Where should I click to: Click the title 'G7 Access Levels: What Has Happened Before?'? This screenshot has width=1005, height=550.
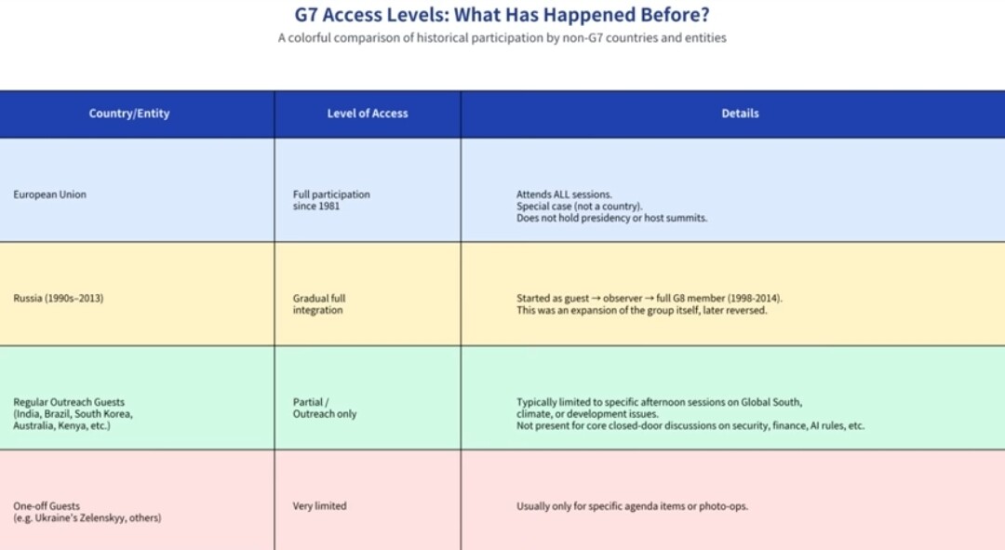502,15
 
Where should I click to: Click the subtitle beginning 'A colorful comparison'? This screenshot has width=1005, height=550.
502,38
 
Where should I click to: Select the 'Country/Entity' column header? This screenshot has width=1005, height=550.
129,114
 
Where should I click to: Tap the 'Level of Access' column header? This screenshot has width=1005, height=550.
368,114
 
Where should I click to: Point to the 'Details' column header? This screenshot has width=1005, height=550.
741,114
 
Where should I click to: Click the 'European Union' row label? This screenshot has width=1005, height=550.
49,195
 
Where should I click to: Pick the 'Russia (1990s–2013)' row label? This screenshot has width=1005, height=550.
59,298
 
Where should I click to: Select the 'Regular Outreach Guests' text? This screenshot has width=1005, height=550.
69,402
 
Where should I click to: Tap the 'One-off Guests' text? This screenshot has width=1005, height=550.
47,505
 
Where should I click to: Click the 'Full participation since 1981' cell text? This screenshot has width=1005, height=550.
331,200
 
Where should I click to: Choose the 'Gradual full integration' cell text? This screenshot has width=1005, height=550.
319,303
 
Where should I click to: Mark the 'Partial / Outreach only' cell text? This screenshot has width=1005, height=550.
325,408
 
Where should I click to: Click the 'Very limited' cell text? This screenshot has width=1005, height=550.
319,505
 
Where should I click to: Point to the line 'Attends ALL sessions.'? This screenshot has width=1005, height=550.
564,195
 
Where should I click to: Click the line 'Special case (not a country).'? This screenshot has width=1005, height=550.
580,206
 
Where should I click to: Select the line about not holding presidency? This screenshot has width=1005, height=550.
612,218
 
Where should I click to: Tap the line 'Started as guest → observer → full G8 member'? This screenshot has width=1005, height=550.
650,298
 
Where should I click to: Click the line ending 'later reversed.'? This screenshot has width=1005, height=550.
641,310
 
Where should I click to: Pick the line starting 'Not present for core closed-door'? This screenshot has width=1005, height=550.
690,425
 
